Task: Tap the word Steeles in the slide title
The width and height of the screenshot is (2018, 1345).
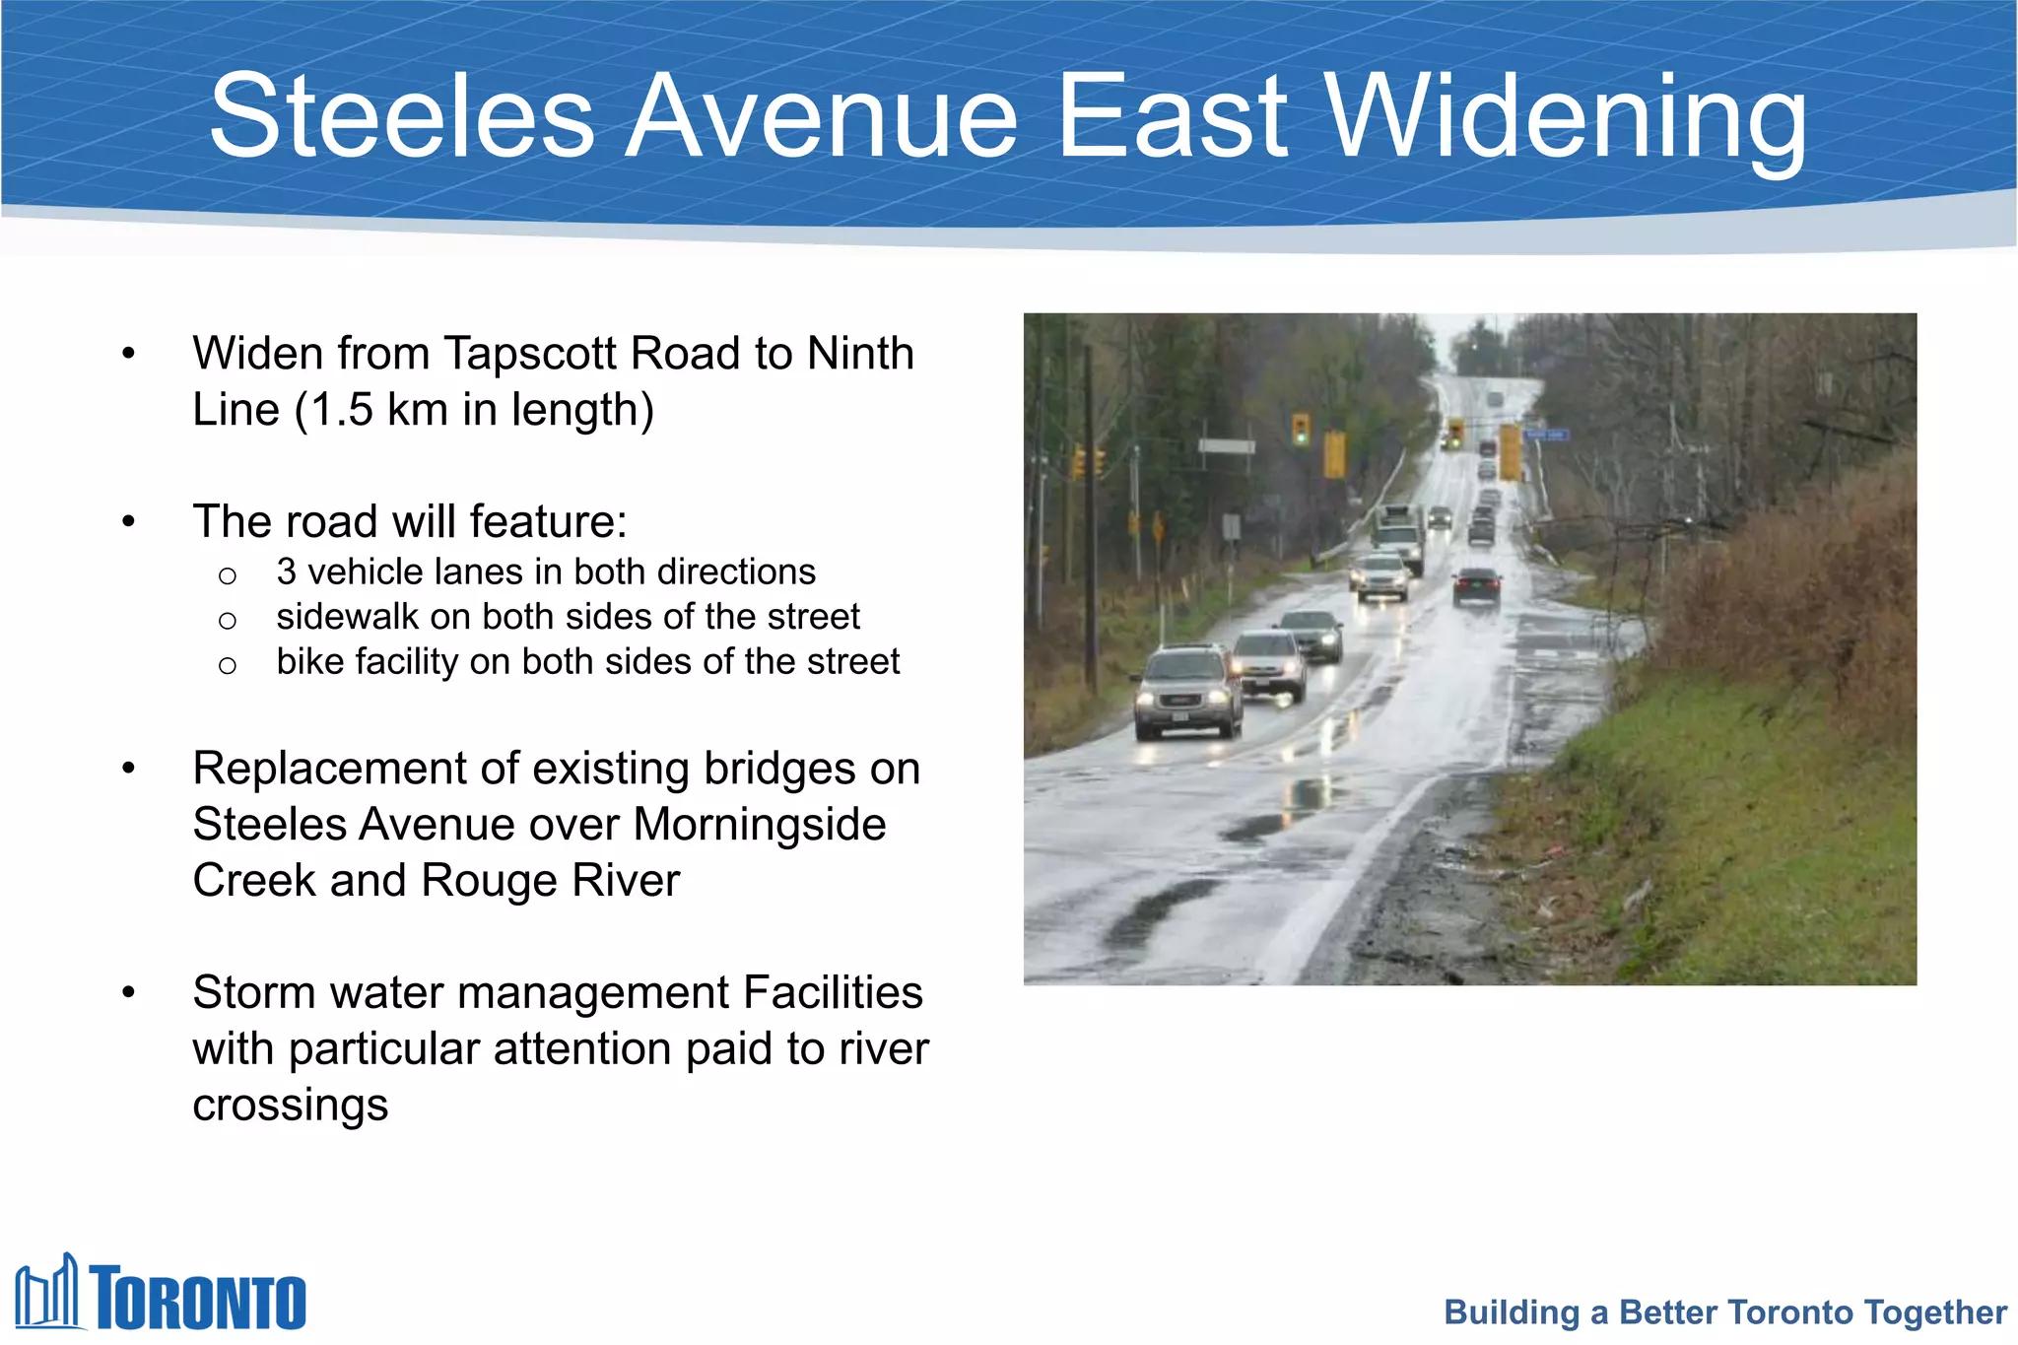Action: click(x=402, y=116)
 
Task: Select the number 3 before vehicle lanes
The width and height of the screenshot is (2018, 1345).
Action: click(x=287, y=572)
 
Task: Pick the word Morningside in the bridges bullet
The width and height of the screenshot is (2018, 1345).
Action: click(x=760, y=824)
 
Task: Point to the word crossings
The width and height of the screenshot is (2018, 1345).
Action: click(x=291, y=1105)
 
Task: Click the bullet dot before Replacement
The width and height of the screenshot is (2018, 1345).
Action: click(x=128, y=769)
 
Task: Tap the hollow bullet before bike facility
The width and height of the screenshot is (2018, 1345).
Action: click(x=228, y=666)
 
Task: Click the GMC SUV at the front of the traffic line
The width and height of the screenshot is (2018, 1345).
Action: click(x=1186, y=692)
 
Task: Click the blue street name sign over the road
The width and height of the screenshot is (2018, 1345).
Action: click(x=1545, y=435)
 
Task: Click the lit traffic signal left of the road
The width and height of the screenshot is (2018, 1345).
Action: click(x=1301, y=429)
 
